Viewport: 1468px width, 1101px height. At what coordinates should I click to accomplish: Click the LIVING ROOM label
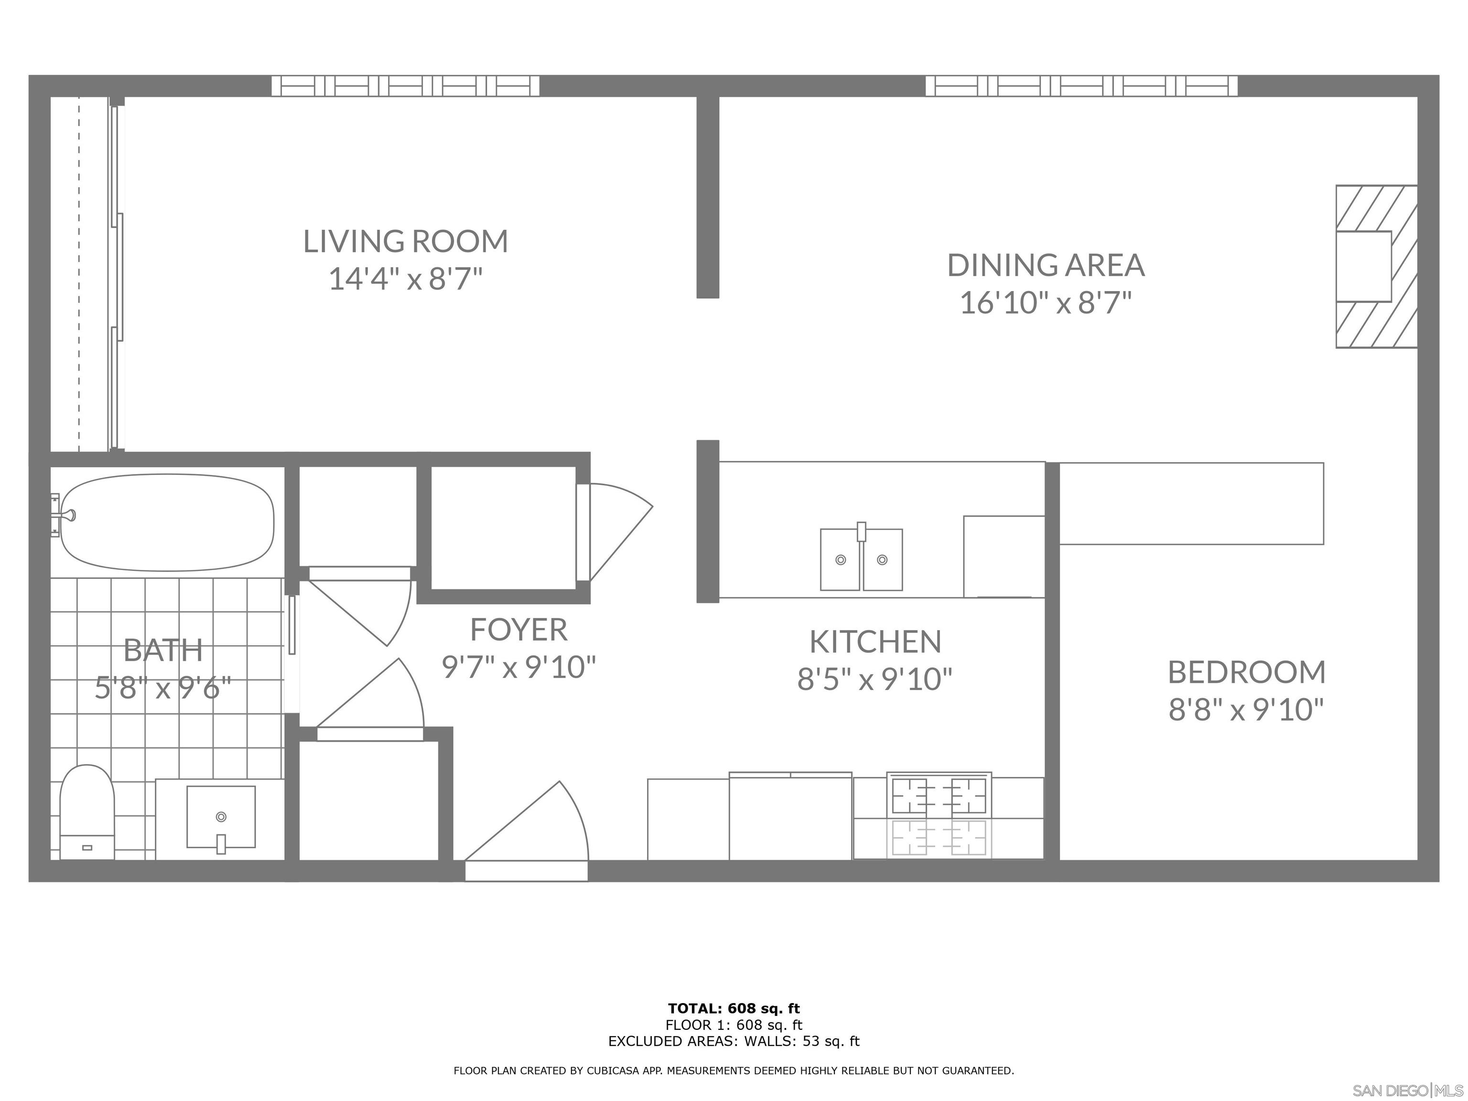[406, 242]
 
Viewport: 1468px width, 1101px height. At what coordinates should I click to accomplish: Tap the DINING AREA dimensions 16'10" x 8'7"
[1045, 304]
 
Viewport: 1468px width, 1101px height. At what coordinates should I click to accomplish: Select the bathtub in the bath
[167, 522]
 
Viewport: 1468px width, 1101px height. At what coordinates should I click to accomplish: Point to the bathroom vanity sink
[221, 816]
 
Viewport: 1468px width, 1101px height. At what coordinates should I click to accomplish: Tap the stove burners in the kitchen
[939, 796]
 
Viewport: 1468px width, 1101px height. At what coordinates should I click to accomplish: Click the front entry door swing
[531, 830]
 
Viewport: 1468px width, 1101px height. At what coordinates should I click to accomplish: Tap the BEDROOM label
[1246, 672]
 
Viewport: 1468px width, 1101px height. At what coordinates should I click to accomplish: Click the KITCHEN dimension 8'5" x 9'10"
[874, 679]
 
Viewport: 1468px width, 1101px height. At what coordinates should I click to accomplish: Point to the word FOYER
[518, 630]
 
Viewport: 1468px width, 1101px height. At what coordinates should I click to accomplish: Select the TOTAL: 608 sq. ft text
[734, 1009]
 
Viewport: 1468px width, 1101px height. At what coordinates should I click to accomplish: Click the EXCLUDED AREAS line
[734, 1041]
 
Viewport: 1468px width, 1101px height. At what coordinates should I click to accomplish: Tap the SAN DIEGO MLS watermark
[1407, 1090]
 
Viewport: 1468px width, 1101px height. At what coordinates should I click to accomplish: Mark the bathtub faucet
[66, 515]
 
